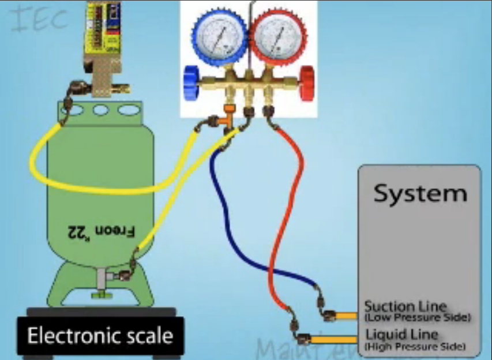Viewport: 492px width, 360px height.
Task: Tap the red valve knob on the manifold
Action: tap(307, 81)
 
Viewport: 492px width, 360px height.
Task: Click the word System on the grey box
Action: tap(419, 193)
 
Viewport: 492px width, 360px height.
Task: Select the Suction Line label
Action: tap(405, 306)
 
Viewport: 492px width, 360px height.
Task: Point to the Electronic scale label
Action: tap(100, 336)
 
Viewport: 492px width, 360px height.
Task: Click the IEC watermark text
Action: tap(39, 21)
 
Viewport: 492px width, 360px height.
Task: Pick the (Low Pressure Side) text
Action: tap(417, 318)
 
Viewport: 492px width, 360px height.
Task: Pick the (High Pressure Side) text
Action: tap(415, 347)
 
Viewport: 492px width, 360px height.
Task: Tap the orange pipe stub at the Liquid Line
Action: tap(337, 339)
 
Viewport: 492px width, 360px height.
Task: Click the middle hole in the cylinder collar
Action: tap(101, 110)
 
